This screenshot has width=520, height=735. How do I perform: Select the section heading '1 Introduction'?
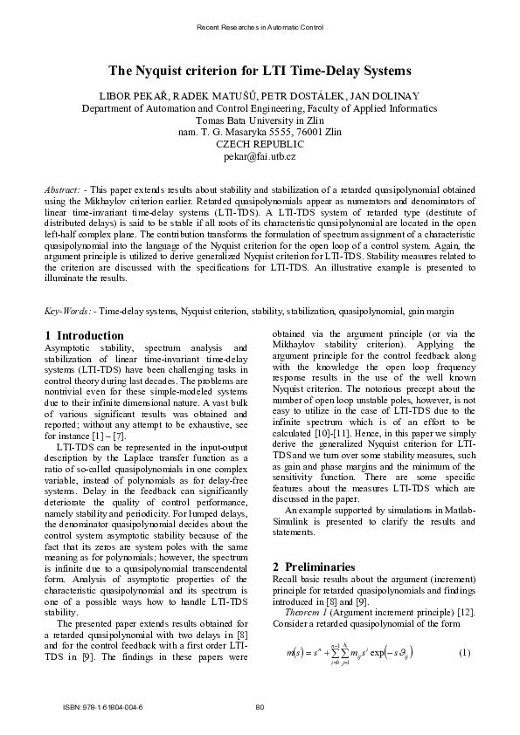[84, 335]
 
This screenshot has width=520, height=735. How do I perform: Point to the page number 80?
[260, 706]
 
